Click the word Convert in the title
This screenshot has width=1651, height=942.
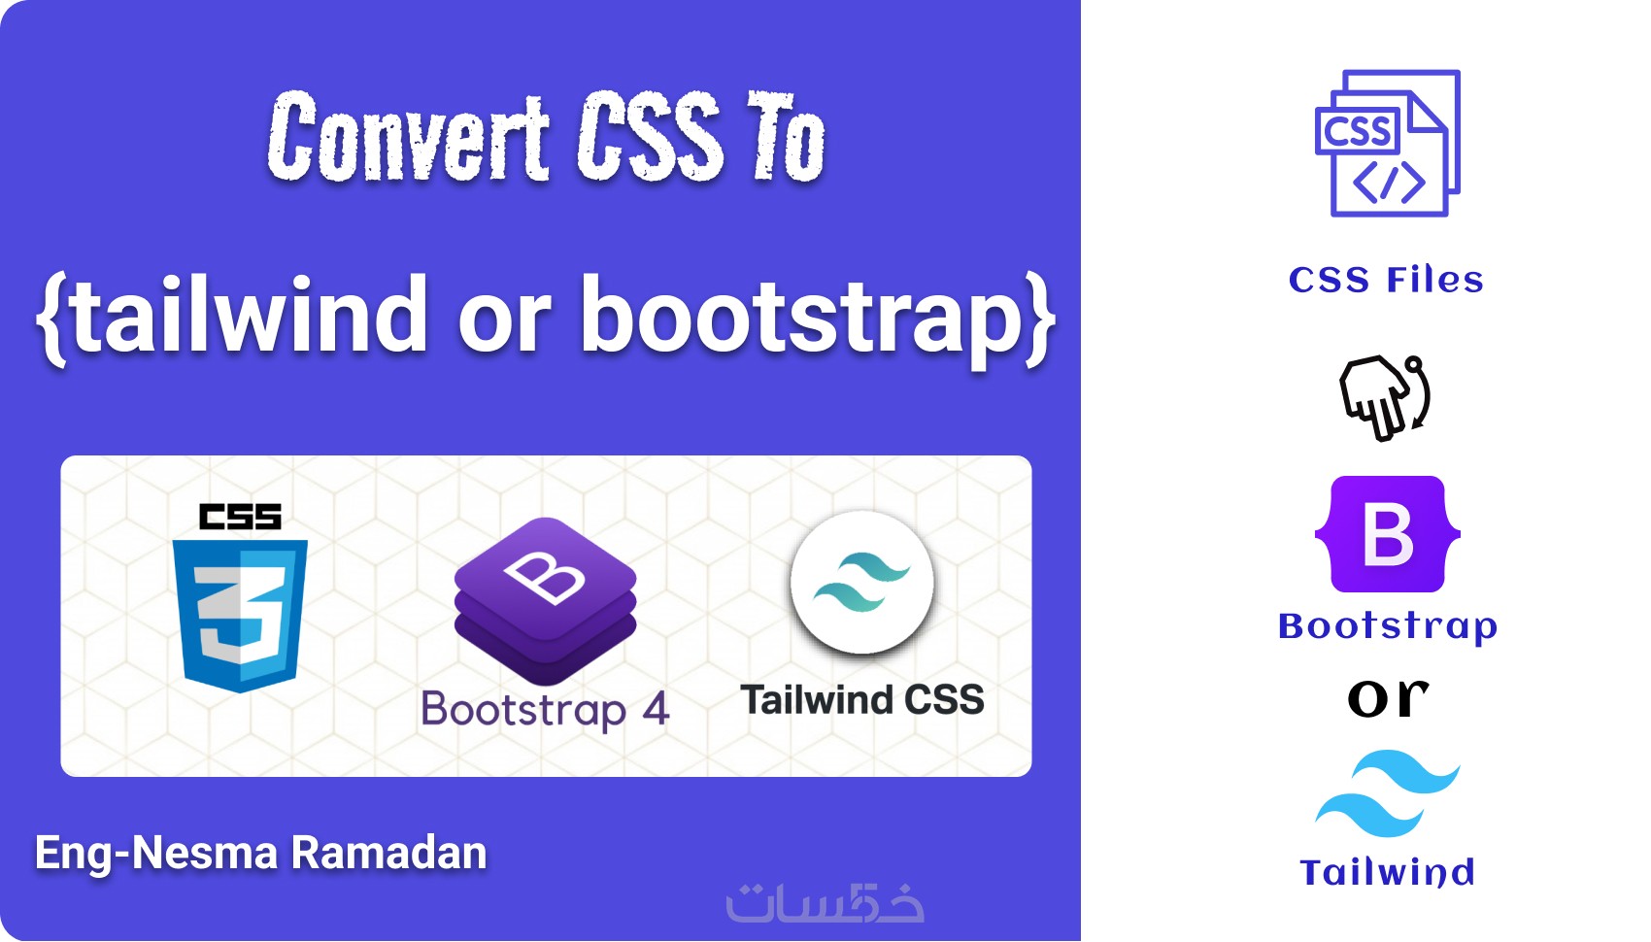pyautogui.click(x=408, y=138)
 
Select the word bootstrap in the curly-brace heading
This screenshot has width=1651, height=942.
pyautogui.click(x=800, y=320)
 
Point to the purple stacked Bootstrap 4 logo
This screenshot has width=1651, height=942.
pyautogui.click(x=546, y=601)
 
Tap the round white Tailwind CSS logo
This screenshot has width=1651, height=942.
pyautogui.click(x=861, y=582)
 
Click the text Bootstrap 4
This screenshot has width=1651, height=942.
pyautogui.click(x=545, y=710)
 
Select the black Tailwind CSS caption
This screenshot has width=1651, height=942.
pyautogui.click(x=861, y=699)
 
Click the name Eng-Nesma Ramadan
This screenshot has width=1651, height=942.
pyautogui.click(x=261, y=854)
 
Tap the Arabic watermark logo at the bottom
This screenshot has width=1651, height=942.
pyautogui.click(x=825, y=901)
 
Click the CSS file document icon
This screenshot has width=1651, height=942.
pyautogui.click(x=1388, y=143)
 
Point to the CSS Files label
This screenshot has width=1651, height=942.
pyautogui.click(x=1386, y=280)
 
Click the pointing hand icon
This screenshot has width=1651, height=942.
pyautogui.click(x=1384, y=397)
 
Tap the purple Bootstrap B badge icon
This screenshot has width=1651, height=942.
pyautogui.click(x=1388, y=534)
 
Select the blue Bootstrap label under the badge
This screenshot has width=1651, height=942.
pyautogui.click(x=1388, y=626)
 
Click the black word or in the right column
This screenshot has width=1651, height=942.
pyautogui.click(x=1388, y=697)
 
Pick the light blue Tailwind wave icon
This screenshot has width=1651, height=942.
pyautogui.click(x=1388, y=793)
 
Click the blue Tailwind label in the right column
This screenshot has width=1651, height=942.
pyautogui.click(x=1387, y=872)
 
